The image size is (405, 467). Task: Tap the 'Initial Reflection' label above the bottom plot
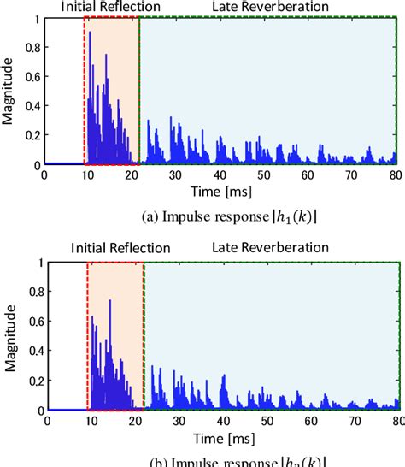pos(115,247)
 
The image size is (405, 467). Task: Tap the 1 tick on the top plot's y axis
pos(37,18)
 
